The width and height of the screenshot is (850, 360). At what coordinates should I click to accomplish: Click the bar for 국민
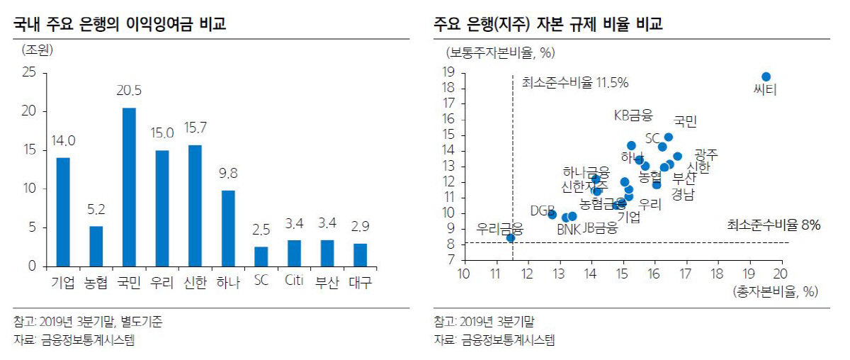point(129,187)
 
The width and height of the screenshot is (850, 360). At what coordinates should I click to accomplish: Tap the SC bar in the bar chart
point(261,257)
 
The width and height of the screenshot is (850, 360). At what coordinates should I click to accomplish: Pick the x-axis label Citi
point(294,282)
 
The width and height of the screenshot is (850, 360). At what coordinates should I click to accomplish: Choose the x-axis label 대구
point(360,282)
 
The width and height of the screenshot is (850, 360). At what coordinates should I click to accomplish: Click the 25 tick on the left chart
point(29,72)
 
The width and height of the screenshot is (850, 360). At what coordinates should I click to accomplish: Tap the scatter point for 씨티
point(766,77)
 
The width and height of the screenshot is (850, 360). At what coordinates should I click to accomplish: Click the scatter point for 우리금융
point(511,238)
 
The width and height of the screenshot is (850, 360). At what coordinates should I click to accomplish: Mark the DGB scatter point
point(552,214)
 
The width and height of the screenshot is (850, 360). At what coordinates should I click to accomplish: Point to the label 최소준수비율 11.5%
point(575,82)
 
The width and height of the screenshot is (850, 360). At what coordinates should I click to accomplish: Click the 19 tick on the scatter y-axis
point(448,72)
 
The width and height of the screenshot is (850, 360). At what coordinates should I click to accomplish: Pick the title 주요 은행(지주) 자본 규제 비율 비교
point(549,26)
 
